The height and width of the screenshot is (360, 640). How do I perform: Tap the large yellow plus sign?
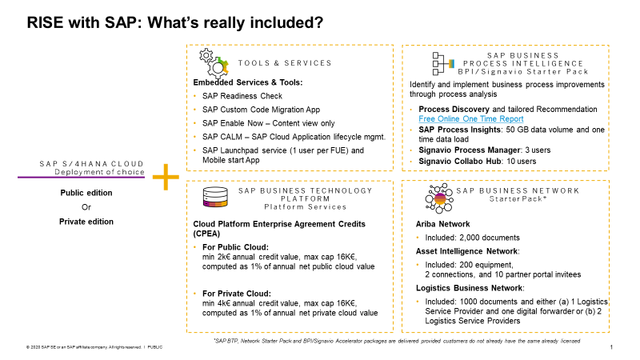166,178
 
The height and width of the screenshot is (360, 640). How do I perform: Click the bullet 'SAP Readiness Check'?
238,95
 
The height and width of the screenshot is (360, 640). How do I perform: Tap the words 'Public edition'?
86,193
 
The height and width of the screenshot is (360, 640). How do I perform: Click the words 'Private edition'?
86,222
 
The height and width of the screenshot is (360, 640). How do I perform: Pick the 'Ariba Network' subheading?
443,225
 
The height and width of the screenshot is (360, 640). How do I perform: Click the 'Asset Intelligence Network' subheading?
466,250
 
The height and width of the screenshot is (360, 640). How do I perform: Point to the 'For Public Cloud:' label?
234,247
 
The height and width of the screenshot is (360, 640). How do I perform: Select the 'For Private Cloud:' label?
236,294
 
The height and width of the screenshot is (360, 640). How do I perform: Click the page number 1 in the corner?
611,347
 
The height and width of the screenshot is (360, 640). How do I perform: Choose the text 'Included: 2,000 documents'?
473,238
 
